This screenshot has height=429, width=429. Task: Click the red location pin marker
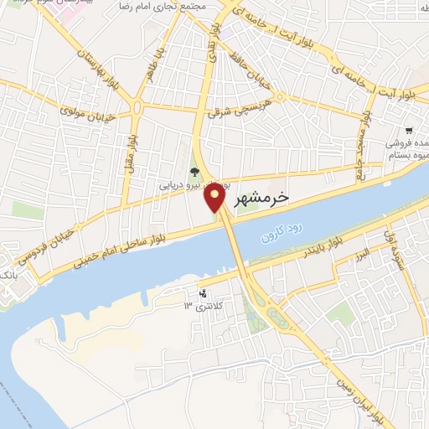pos(215,199)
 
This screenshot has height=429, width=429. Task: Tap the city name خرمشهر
pos(260,198)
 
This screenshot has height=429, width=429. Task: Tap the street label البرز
pos(361,251)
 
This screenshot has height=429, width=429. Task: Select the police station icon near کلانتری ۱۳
pos(202,293)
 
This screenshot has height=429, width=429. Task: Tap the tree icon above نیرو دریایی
pos(195,173)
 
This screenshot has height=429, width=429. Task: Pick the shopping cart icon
pos(409,131)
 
